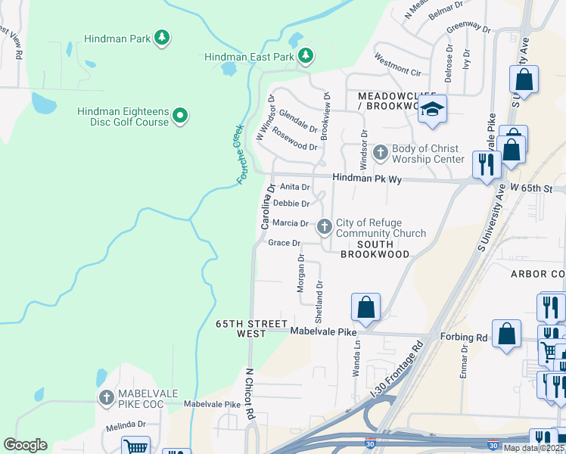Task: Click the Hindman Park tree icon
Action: coord(160,37)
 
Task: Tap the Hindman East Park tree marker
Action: coord(305,56)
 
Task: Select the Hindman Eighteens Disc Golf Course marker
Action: coord(179,116)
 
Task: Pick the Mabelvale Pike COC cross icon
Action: coord(107,397)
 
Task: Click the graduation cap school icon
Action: coord(432,110)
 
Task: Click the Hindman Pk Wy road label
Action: coord(366,179)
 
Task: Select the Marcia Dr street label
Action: coord(290,223)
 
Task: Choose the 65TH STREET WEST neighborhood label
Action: coord(241,328)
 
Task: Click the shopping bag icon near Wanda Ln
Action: coord(365,307)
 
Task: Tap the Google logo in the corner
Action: coord(25,445)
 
